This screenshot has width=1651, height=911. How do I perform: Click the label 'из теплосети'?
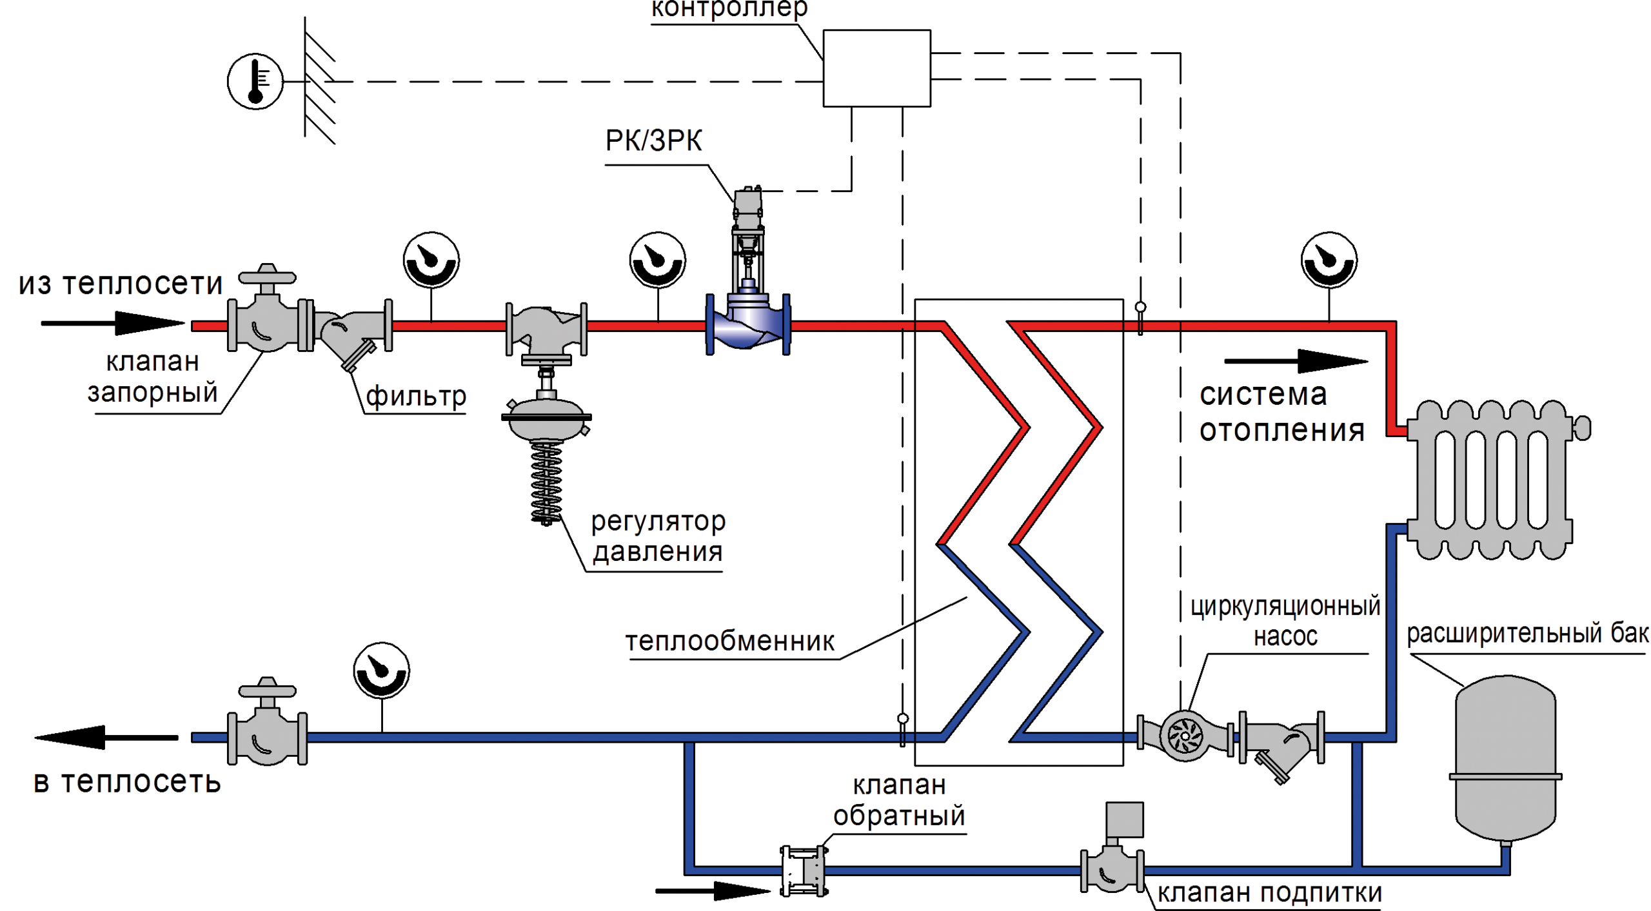coord(121,284)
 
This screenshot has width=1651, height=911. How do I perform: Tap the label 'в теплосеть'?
coord(127,782)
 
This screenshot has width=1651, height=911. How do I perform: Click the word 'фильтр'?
coord(416,396)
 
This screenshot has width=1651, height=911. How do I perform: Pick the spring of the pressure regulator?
coord(546,480)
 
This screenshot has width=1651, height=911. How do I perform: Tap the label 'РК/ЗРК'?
coord(654,141)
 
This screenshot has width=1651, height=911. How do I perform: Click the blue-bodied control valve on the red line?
coord(748,322)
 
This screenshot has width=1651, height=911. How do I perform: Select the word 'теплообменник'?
coord(730,641)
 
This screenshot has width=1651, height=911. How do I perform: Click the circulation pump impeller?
coord(1185,735)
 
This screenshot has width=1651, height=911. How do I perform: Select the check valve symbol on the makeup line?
coord(815,871)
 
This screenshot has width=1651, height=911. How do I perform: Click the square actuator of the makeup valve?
coord(1125,819)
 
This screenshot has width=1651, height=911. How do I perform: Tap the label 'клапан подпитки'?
coord(1269,893)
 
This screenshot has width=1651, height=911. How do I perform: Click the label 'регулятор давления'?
coord(658,536)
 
